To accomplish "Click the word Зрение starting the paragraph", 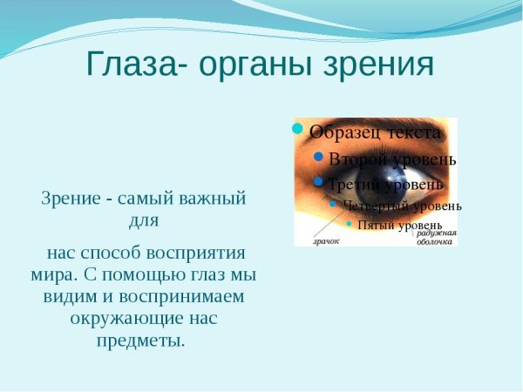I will tap(71, 198).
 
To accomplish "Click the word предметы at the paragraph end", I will tap(139, 340).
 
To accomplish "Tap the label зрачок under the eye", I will tap(328, 240).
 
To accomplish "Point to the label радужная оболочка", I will tap(436, 237).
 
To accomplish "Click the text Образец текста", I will tap(374, 133).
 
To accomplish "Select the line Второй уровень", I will tap(392, 159).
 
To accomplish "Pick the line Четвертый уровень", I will tap(402, 206).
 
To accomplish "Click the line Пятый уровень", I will tap(399, 225).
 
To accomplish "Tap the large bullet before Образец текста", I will tap(297, 130).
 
